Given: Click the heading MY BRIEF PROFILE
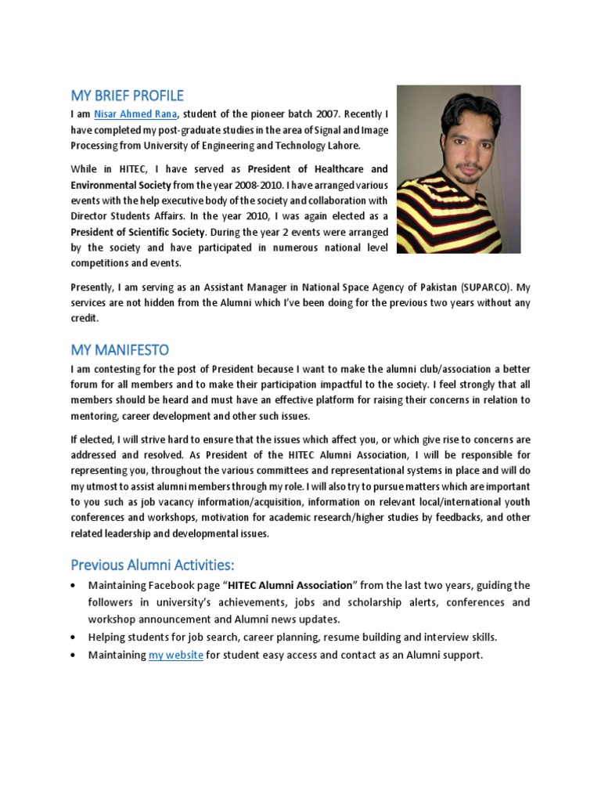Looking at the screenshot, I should [127, 96].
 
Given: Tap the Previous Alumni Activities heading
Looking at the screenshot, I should [152, 565].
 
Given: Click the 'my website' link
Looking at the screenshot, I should [176, 654].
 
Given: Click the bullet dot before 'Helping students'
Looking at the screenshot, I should [74, 638].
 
